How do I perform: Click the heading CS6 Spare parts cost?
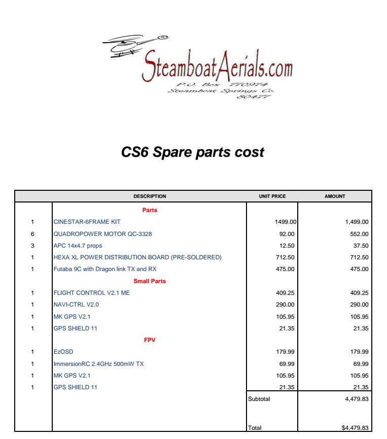193,152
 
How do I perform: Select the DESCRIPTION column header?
150,196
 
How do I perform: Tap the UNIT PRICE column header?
272,196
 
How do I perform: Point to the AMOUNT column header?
335,196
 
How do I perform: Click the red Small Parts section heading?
150,281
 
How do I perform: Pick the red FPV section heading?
150,340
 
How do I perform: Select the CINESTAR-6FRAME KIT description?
87,222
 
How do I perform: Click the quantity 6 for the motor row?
32,233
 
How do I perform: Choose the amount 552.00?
358,233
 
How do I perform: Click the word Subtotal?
259,399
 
